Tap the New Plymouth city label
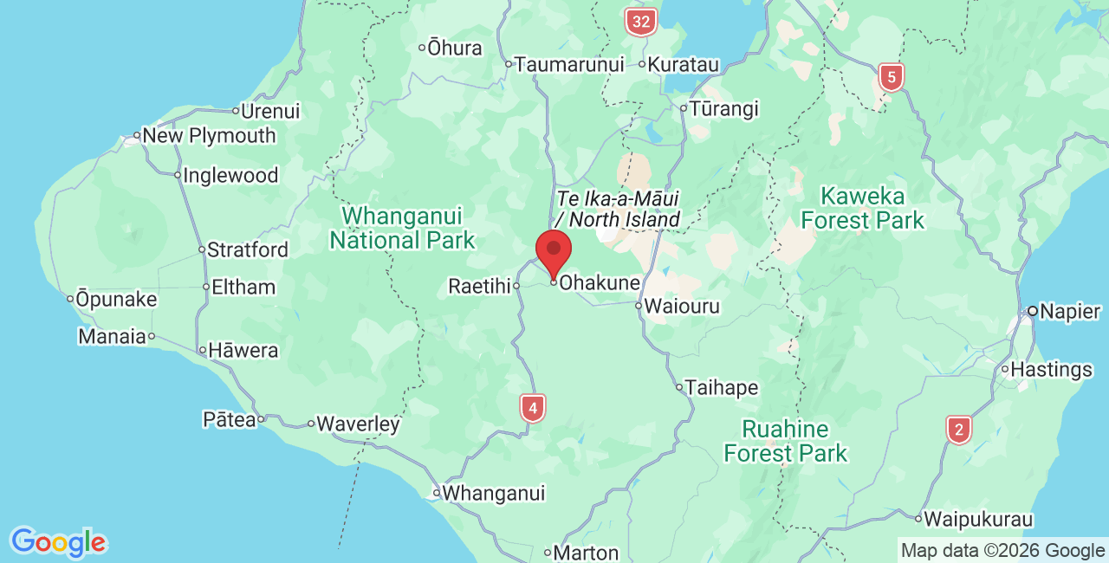click(209, 136)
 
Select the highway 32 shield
click(640, 22)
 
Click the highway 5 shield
click(891, 77)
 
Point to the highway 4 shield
click(533, 407)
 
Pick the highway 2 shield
click(958, 430)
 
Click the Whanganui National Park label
click(402, 228)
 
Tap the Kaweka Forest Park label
click(862, 208)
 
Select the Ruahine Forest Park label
click(786, 441)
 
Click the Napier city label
click(1070, 312)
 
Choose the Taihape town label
click(722, 387)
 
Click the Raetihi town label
click(479, 286)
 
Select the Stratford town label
click(248, 250)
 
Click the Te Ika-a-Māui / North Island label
click(618, 209)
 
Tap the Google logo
click(58, 543)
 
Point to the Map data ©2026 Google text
click(1002, 550)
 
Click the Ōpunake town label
click(116, 300)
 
